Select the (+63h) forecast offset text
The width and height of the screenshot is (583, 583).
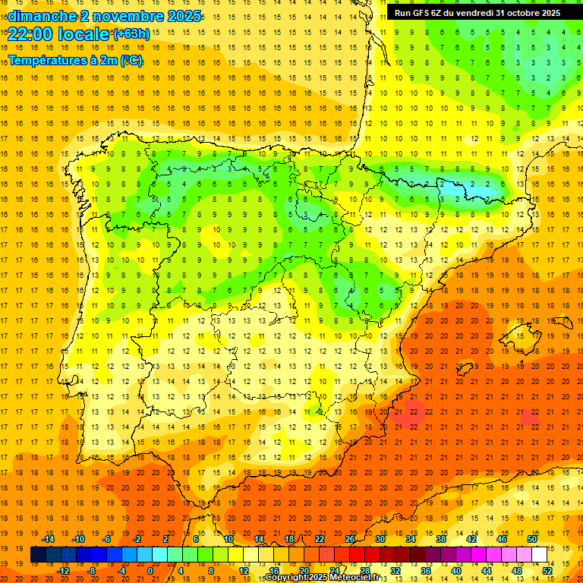131,33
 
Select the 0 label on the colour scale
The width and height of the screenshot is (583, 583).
150,570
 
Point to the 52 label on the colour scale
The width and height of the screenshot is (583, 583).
547,570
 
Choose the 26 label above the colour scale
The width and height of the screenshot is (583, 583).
350,539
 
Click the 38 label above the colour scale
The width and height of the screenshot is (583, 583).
441,539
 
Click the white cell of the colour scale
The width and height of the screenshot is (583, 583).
540,555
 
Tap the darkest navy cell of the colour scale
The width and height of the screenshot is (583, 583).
38,555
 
